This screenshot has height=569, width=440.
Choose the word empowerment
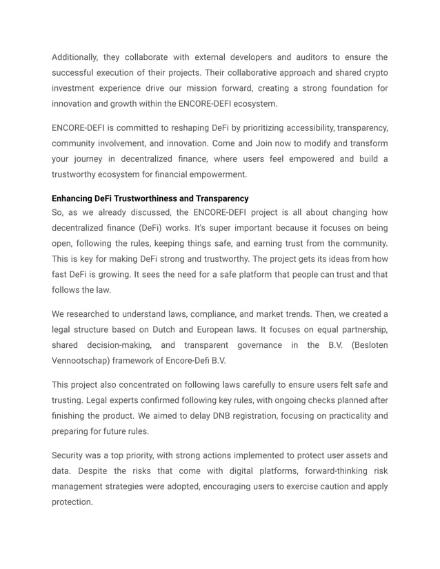(x=219, y=174)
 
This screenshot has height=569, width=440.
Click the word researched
(x=94, y=314)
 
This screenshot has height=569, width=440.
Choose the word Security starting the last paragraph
(x=70, y=455)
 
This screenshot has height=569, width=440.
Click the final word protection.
(x=72, y=502)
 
